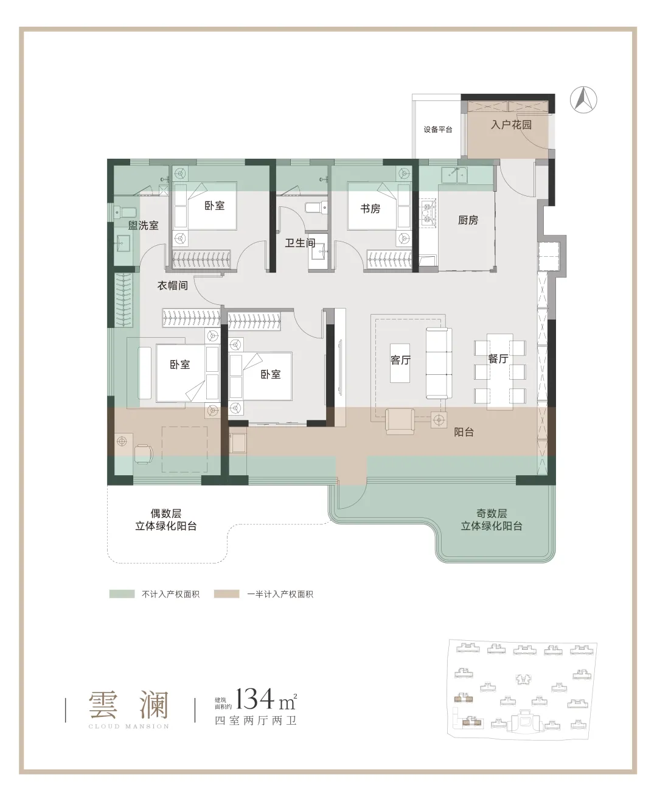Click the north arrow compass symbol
583,100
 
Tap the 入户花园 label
511,125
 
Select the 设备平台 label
438,130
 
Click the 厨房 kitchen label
468,220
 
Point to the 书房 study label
370,208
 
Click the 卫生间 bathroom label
301,243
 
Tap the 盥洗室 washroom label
143,225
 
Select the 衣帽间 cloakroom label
173,285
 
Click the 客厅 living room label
401,360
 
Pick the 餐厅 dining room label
498,359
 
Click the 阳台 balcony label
464,432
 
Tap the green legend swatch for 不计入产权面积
122,594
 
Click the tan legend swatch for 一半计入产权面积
226,594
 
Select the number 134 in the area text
255,698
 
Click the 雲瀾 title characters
128,704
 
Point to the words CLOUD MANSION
129,727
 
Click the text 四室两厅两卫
255,720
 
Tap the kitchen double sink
454,175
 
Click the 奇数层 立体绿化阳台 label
492,520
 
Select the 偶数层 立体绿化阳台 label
166,520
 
